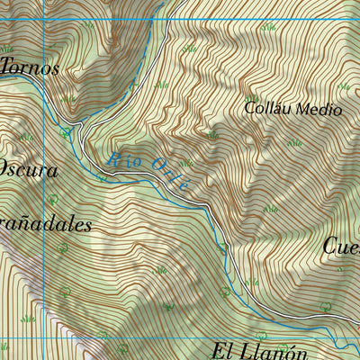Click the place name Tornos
coord(30,67)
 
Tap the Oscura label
coord(29,169)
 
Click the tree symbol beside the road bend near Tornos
coord(65,131)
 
